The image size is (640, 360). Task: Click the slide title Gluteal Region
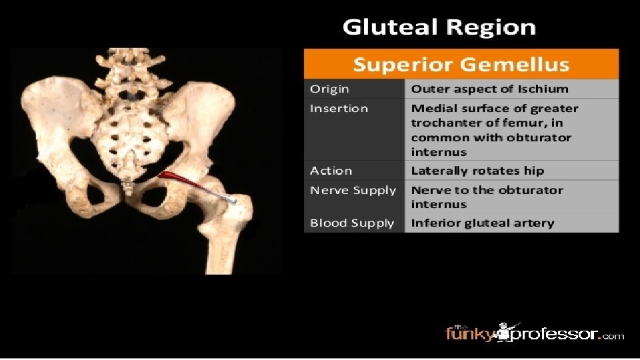[x=439, y=27]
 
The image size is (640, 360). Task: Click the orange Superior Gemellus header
[x=461, y=65]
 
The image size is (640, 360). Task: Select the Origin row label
[x=329, y=89]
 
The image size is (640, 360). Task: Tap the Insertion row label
[x=339, y=109]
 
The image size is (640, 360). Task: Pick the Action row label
[x=331, y=171]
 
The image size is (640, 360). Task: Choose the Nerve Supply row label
[x=353, y=191]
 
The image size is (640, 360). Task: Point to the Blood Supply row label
[x=352, y=223]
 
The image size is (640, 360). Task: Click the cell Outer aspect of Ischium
[x=489, y=89]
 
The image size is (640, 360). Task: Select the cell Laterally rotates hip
[x=477, y=171]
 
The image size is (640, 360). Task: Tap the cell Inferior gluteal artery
[x=482, y=223]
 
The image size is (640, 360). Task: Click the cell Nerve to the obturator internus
[x=487, y=197]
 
